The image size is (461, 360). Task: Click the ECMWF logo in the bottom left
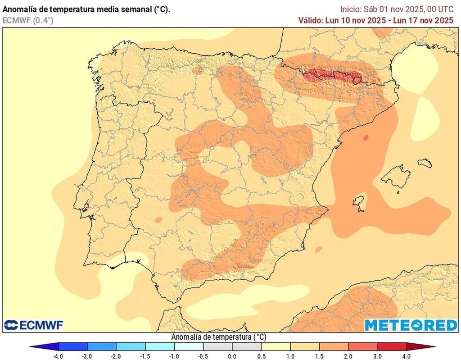coord(34,324)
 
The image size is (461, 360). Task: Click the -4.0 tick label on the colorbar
coord(58,356)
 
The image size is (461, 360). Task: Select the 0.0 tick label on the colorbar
coord(232,356)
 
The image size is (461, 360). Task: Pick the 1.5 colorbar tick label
coord(320,356)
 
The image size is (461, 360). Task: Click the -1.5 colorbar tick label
coord(145,356)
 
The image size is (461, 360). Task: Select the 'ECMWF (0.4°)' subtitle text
coord(28,20)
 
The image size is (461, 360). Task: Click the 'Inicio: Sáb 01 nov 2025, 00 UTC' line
coord(397,9)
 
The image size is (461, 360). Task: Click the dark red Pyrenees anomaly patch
coord(332,77)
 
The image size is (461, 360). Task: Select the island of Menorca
coord(425,163)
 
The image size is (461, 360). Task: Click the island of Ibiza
coord(359,202)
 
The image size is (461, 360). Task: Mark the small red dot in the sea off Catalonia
coord(366,137)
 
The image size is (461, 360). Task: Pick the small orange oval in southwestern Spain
coord(158,219)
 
